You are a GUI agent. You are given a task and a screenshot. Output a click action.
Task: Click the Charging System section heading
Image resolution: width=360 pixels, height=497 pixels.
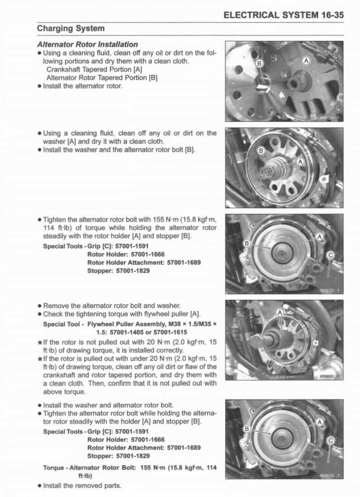click(x=71, y=29)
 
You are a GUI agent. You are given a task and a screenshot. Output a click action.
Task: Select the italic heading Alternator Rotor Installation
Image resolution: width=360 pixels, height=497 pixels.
click(x=88, y=44)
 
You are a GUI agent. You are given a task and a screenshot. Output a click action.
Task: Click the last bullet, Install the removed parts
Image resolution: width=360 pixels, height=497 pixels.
click(x=82, y=485)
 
